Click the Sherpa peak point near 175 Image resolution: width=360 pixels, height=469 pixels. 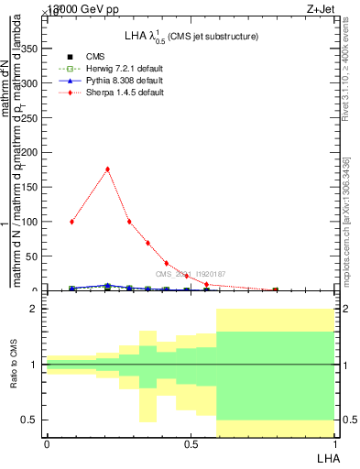coord(108,169)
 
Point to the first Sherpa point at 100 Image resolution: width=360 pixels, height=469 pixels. coord(71,222)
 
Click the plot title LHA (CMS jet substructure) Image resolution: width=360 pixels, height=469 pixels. coord(191,36)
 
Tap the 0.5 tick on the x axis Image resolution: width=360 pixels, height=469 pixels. coord(190,443)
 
